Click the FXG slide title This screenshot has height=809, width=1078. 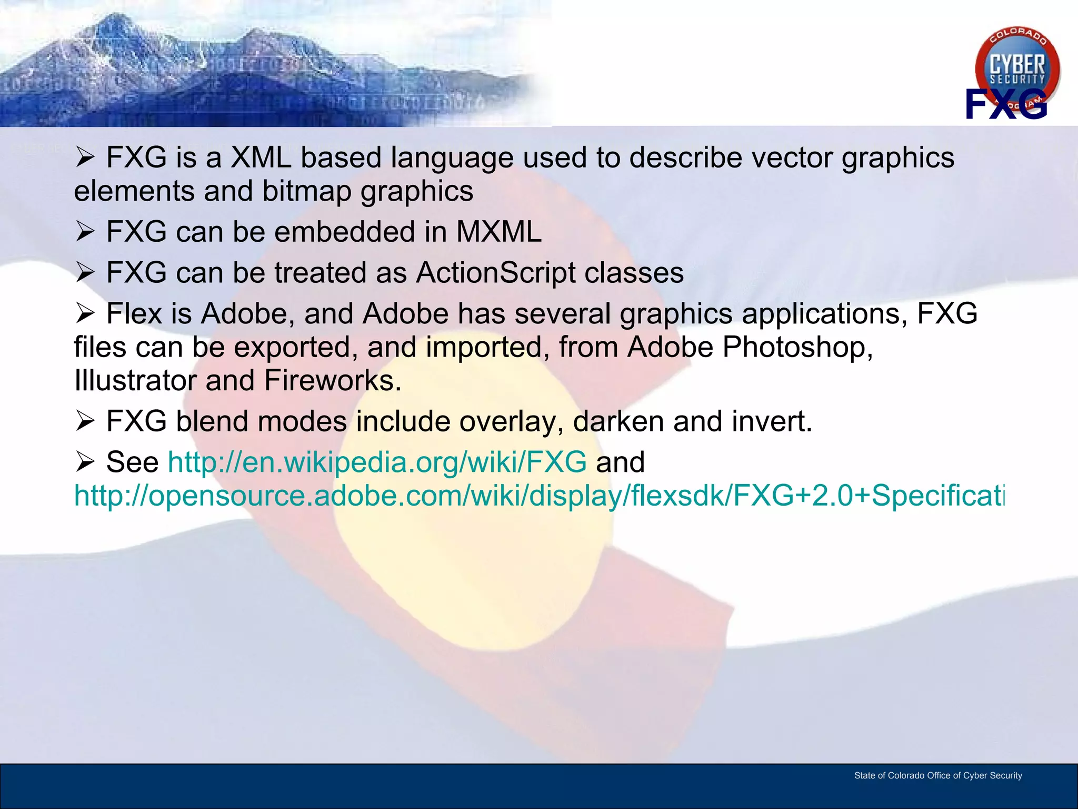pyautogui.click(x=1005, y=104)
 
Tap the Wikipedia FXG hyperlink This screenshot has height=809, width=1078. pyautogui.click(x=377, y=462)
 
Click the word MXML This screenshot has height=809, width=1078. pyautogui.click(x=498, y=232)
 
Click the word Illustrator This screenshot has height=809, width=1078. pyautogui.click(x=135, y=380)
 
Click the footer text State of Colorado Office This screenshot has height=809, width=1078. pyautogui.click(x=937, y=775)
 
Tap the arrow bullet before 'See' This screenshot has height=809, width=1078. pyautogui.click(x=85, y=462)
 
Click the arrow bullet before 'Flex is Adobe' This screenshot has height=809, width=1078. pyautogui.click(x=85, y=313)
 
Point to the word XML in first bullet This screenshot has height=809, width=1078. pyautogui.click(x=261, y=157)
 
